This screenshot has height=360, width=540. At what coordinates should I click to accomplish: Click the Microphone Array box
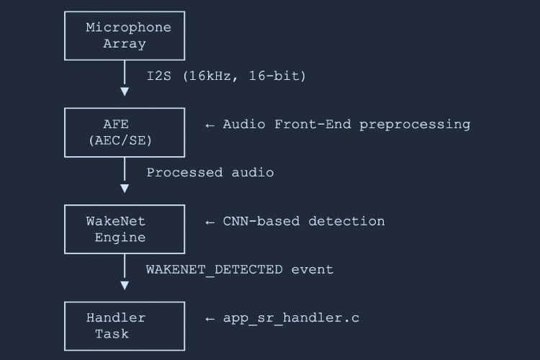[x=125, y=36]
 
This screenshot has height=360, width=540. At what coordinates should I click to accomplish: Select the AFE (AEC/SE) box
[x=125, y=132]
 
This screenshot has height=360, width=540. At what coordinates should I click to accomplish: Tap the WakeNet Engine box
[x=125, y=229]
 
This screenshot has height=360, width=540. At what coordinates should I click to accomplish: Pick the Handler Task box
[x=125, y=326]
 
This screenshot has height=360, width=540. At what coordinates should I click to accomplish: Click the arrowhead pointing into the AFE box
[x=125, y=91]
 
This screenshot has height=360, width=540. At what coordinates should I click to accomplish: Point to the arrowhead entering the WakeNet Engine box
[x=125, y=189]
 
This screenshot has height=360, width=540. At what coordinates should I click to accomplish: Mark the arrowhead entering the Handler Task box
[x=125, y=285]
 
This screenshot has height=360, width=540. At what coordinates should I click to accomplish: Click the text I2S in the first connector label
[x=159, y=76]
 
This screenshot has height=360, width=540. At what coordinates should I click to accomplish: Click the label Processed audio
[x=210, y=173]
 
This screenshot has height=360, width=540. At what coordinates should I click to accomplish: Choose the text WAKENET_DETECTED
[x=215, y=269]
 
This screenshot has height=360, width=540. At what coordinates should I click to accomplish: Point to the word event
[x=312, y=269]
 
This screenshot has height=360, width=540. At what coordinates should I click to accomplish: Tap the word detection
[x=346, y=221]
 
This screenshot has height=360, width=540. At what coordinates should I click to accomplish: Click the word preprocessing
[x=415, y=124]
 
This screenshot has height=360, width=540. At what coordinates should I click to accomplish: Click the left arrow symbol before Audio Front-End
[x=210, y=125]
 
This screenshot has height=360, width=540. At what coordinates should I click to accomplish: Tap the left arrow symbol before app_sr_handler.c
[x=210, y=319]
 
